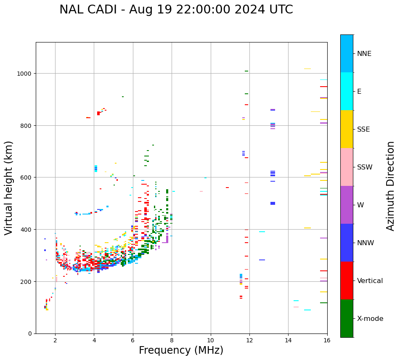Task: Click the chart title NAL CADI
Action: pos(176,10)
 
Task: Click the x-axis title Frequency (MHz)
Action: pos(181,350)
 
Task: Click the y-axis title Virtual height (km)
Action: pos(9,188)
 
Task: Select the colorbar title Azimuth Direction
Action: pos(391,186)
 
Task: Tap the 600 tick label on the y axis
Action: pos(27,177)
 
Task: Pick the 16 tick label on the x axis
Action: pos(327,341)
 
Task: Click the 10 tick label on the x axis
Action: pos(210,341)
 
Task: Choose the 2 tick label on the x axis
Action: pos(55,341)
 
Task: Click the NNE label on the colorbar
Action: pos(364,54)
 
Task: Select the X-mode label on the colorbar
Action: pos(370,319)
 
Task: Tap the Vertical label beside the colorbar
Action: pos(370,281)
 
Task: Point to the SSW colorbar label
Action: pos(365,167)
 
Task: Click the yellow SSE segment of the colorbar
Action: pos(347,129)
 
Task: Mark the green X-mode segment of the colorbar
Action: pos(347,318)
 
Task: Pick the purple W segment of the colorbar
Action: pos(347,205)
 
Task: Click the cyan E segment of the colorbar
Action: pos(347,91)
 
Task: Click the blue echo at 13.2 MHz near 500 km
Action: pos(273,204)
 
